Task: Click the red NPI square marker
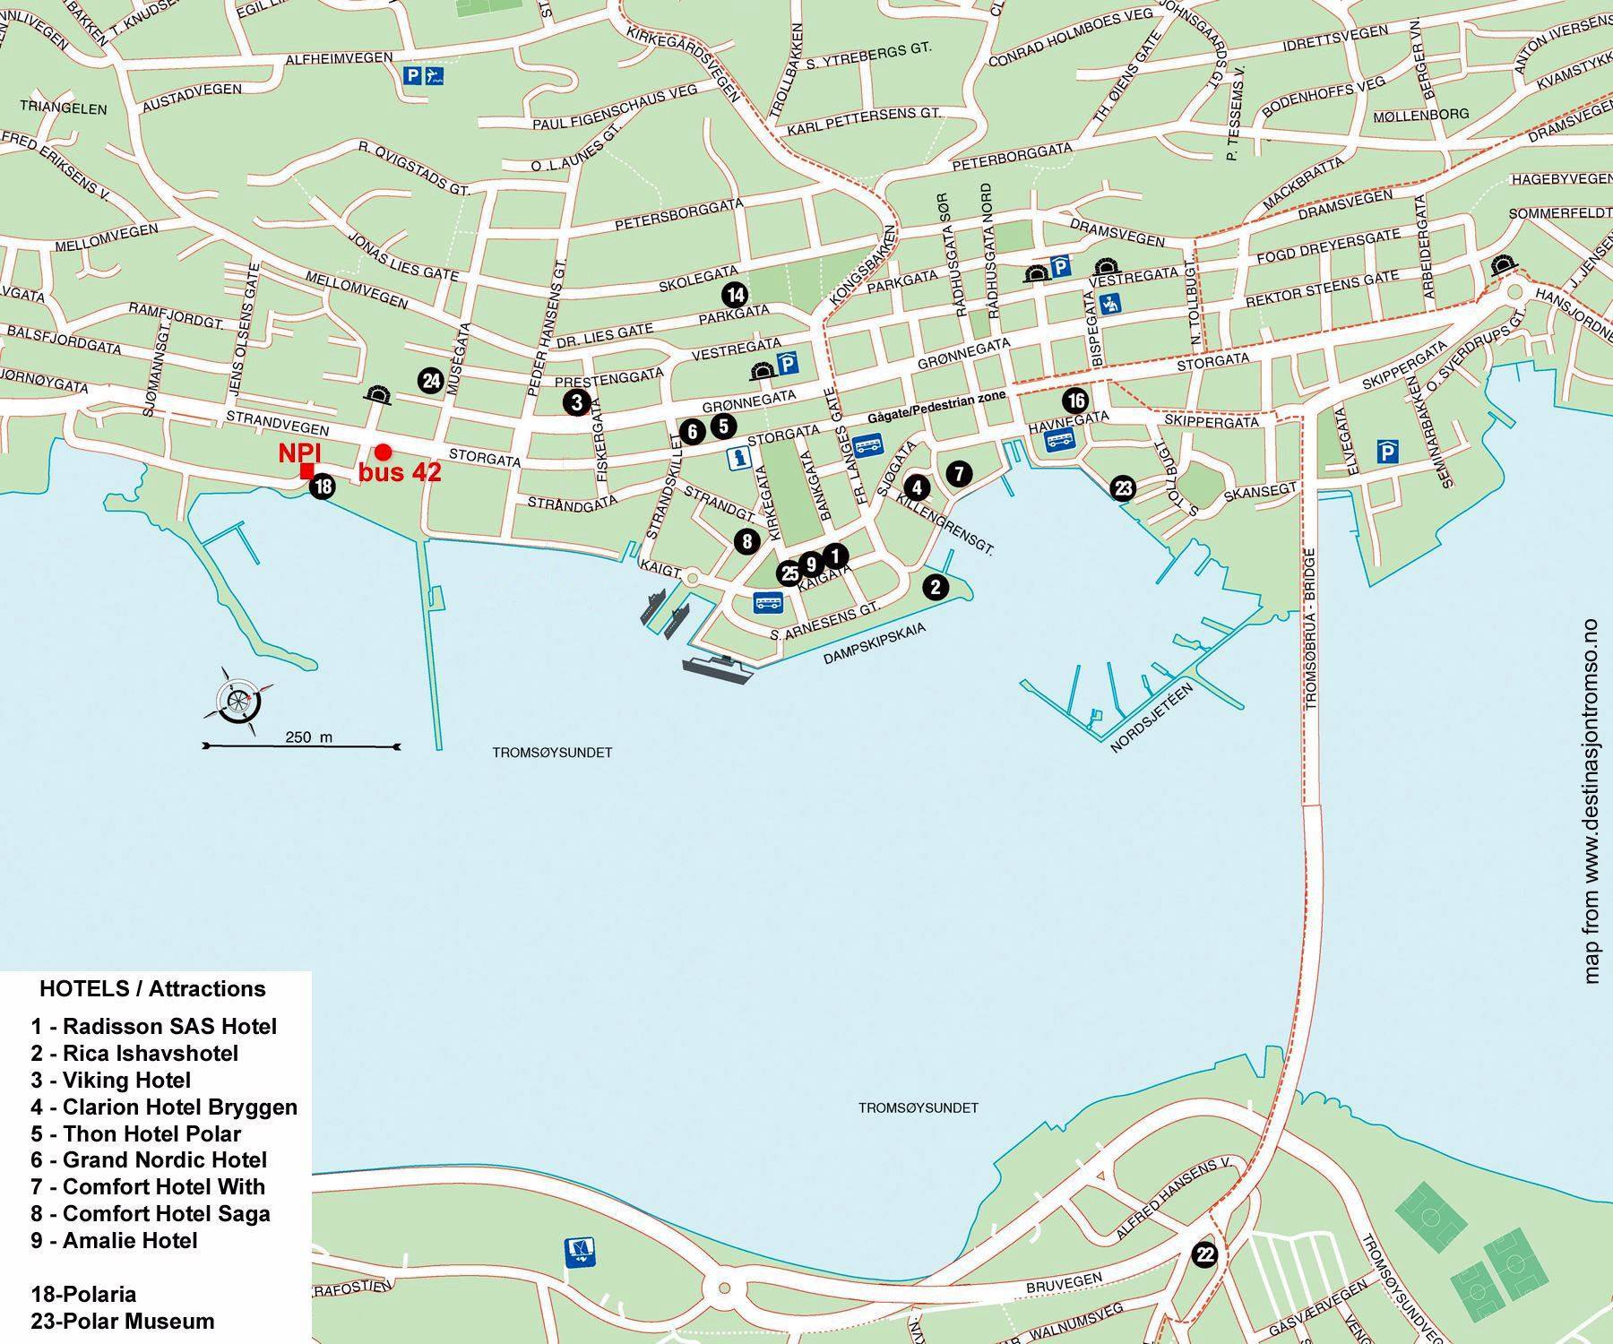[x=306, y=471]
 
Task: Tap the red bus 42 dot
[x=383, y=452]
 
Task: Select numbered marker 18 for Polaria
[x=323, y=487]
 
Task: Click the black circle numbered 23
[x=1123, y=488]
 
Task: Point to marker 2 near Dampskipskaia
[x=936, y=587]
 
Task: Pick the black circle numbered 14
[x=735, y=294]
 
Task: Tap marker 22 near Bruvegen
[x=1205, y=1255]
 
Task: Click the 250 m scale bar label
[x=308, y=737]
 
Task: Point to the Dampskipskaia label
[x=874, y=643]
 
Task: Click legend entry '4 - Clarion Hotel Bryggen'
[x=164, y=1107]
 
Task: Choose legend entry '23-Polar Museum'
[x=123, y=1321]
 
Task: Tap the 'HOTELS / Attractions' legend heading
[x=152, y=989]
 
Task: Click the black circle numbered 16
[x=1075, y=401]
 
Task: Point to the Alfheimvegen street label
[x=339, y=58]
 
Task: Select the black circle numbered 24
[x=431, y=381]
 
